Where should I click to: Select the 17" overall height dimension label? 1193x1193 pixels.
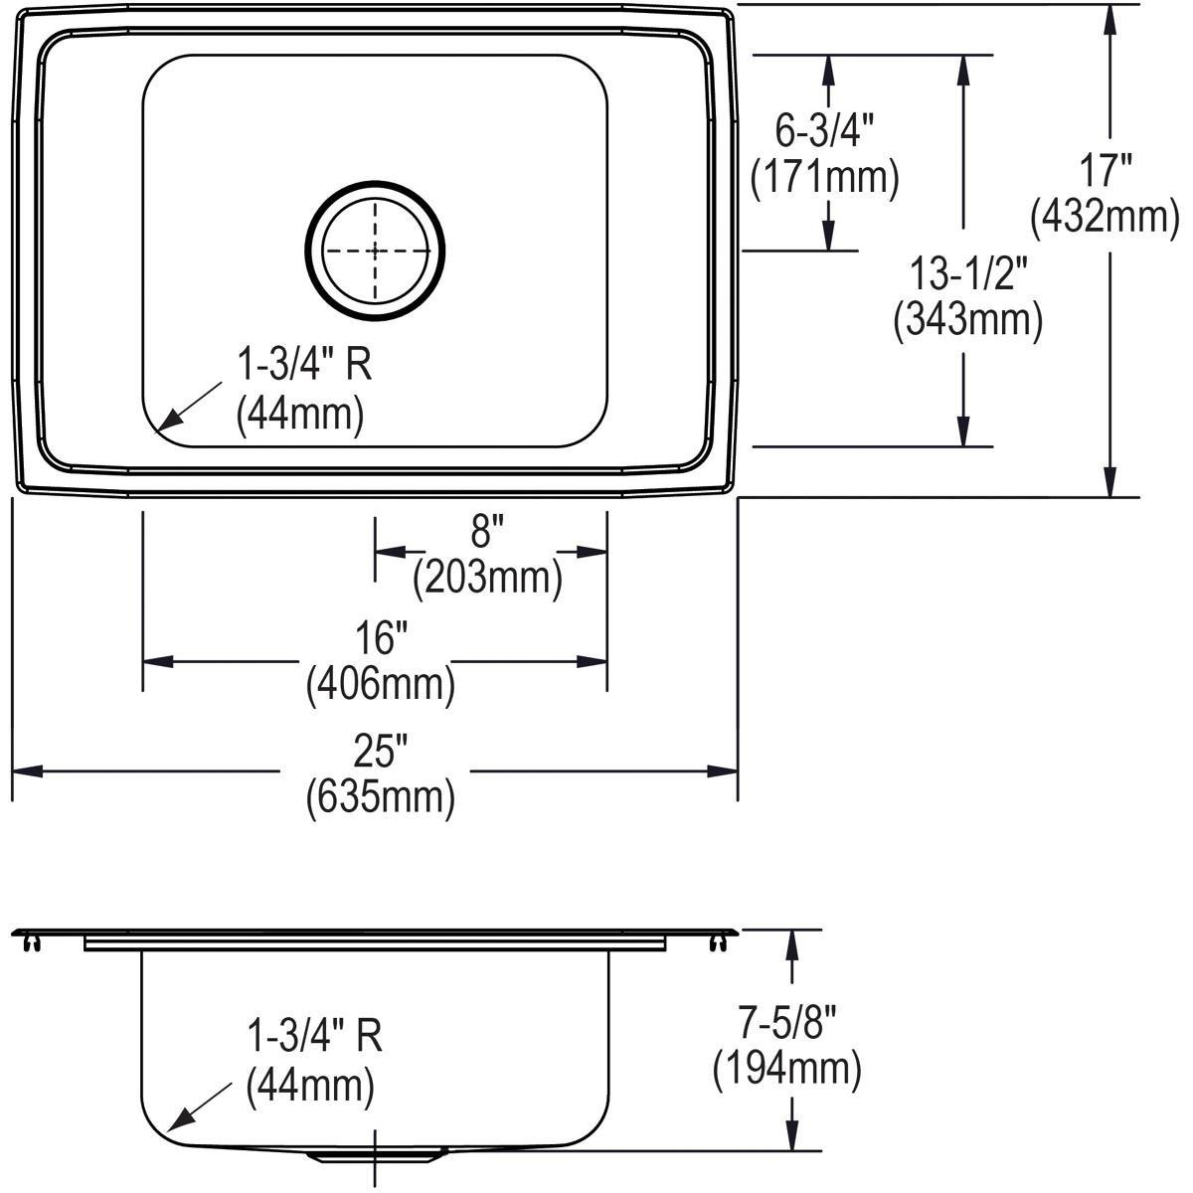tap(1106, 171)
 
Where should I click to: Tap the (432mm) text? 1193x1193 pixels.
tap(1106, 217)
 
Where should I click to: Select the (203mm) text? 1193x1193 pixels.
tap(488, 578)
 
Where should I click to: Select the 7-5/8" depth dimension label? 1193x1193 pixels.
tap(786, 1022)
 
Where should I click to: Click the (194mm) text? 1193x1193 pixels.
tap(786, 1069)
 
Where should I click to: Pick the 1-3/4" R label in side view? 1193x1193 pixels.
tap(314, 1037)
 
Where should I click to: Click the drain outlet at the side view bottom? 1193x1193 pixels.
tap(375, 1156)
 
